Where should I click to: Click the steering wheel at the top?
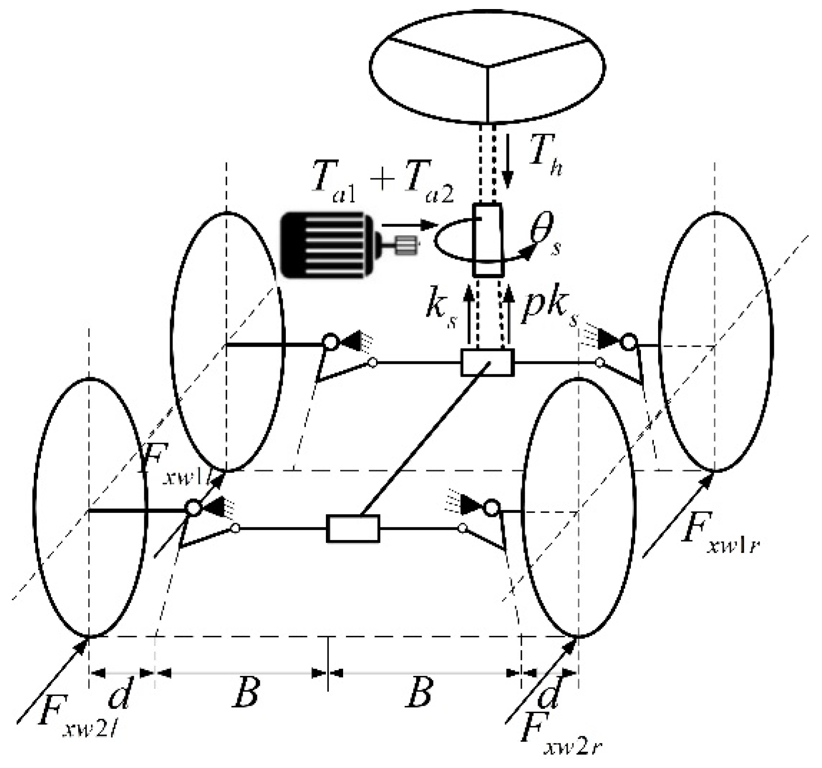487,67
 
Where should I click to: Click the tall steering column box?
487,240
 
